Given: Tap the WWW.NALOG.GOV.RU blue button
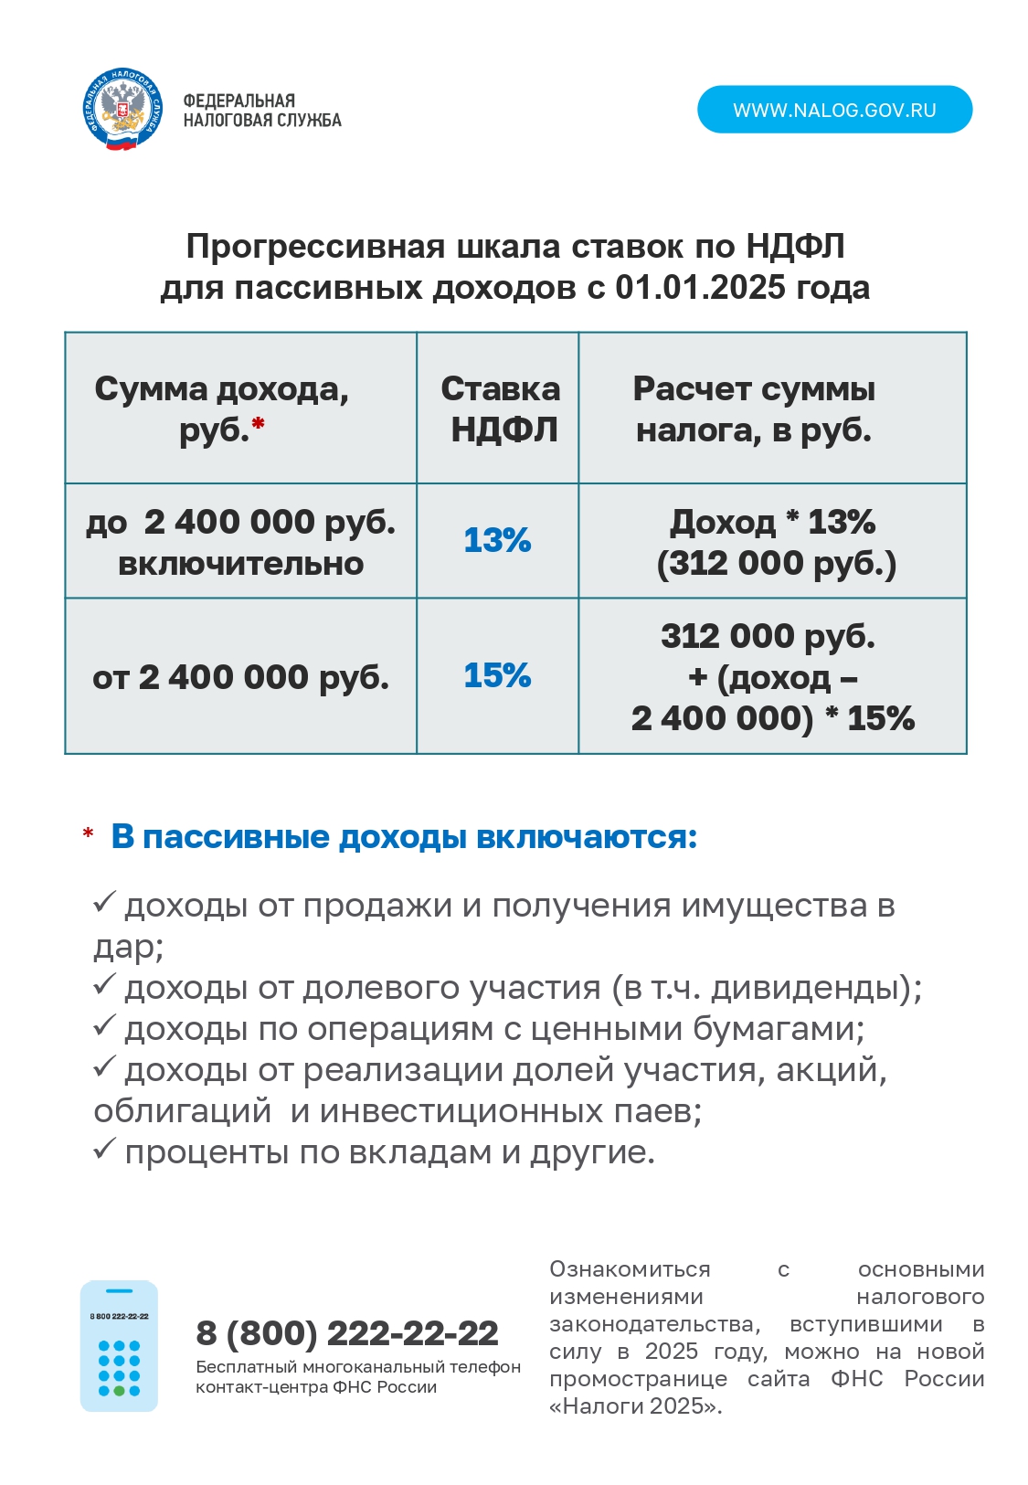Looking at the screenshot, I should tap(834, 110).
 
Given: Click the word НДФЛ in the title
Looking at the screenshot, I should tap(795, 247).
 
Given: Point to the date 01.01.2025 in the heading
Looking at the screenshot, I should tap(700, 288).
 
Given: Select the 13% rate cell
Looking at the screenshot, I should tap(497, 540).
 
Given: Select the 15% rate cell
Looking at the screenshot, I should tap(497, 675).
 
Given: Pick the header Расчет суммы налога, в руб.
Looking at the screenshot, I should tap(754, 408).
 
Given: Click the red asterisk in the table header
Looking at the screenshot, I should tap(259, 423).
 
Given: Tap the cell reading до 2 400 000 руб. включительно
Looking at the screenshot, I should tap(240, 542).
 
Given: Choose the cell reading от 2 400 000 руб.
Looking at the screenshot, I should tap(240, 677).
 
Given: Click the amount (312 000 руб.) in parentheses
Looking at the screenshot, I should tap(776, 563).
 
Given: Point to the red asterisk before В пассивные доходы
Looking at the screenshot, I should tap(88, 834).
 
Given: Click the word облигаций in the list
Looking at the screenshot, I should tap(183, 1111).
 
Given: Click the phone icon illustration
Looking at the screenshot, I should tap(119, 1345).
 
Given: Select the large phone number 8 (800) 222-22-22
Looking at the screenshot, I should tap(347, 1333).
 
